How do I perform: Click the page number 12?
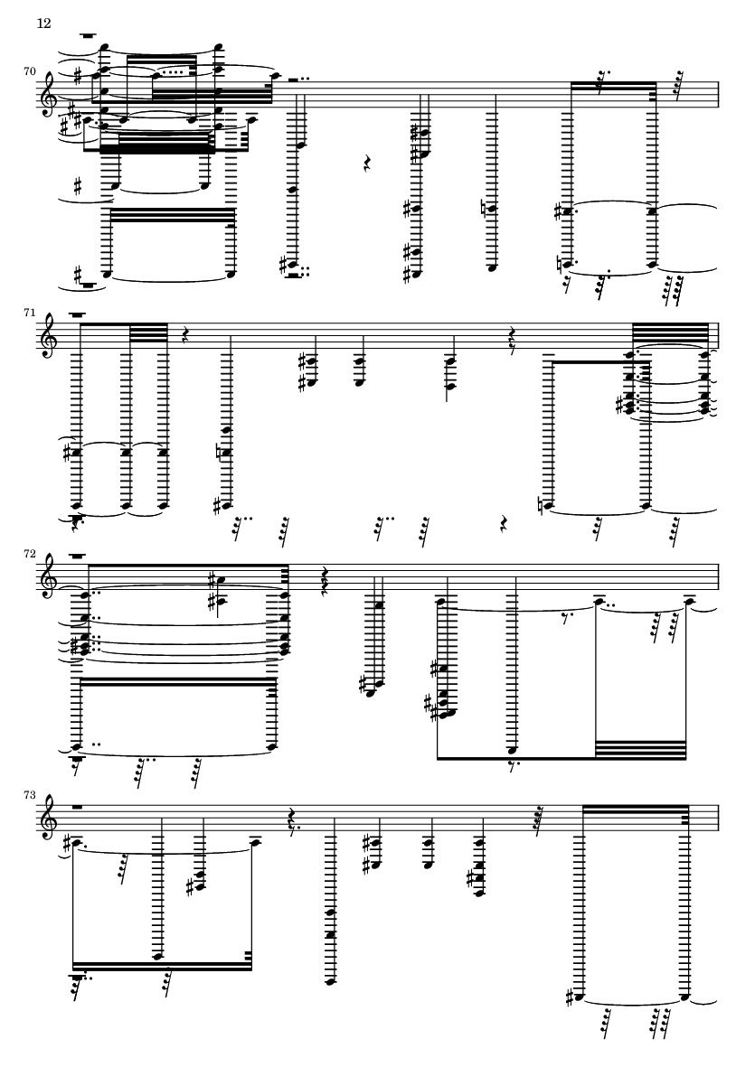coord(43,23)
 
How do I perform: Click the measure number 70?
coord(29,70)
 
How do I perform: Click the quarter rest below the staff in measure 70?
coord(367,164)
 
